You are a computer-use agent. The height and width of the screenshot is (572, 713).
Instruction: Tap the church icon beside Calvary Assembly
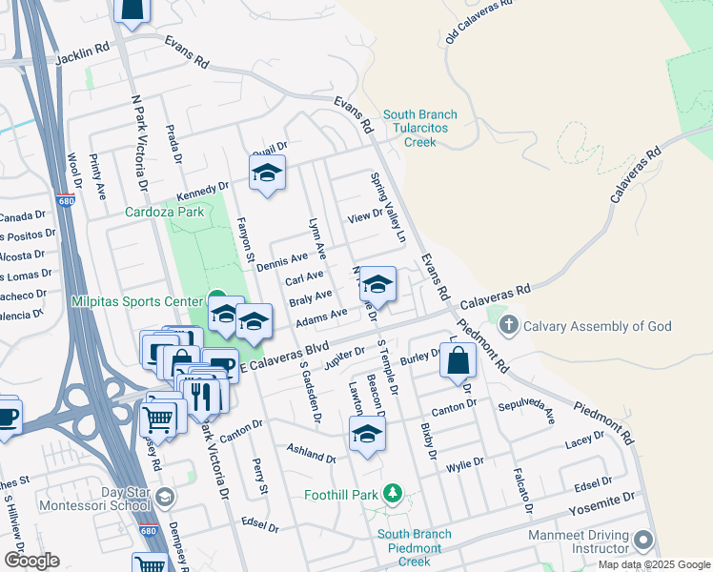(x=509, y=326)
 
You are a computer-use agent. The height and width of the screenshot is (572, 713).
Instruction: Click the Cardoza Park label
(x=165, y=212)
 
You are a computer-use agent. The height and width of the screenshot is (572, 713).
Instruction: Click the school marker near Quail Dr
(x=267, y=174)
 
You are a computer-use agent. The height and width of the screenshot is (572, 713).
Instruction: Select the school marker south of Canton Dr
(x=366, y=435)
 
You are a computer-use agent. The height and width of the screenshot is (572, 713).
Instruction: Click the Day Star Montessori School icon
(x=165, y=497)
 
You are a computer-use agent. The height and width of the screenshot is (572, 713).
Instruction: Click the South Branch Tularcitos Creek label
(x=419, y=129)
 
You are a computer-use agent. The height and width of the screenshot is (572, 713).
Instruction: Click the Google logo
(x=31, y=561)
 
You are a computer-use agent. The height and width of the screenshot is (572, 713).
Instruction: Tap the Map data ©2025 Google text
(x=653, y=564)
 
